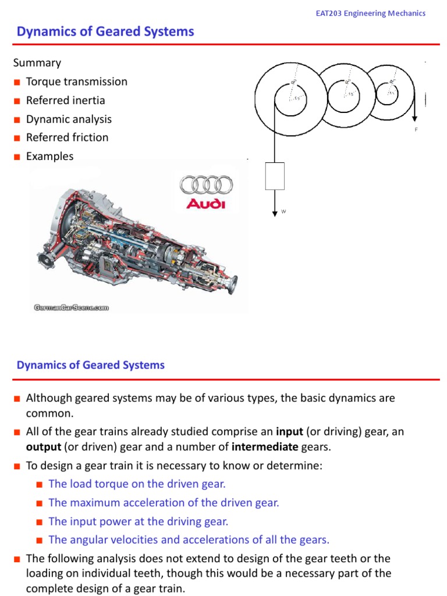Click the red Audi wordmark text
[x=205, y=204]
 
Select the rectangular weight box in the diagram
[x=275, y=176]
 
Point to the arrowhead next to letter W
[x=275, y=213]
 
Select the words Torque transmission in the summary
[x=76, y=81]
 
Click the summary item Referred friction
[x=67, y=137]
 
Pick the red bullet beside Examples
[x=18, y=157]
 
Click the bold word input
[x=289, y=432]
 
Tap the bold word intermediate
[x=265, y=446]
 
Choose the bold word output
[x=42, y=446]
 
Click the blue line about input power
[x=139, y=521]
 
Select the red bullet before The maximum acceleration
[x=40, y=503]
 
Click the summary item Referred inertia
[x=65, y=100]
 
